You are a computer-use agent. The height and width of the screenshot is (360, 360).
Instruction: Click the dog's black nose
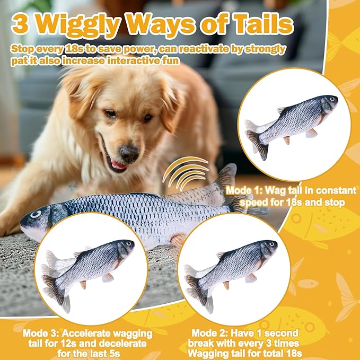[x=129, y=153]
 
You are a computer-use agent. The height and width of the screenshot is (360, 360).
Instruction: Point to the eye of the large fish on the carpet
[x=36, y=214]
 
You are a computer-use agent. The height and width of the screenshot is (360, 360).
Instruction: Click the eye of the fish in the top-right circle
[x=331, y=99]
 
